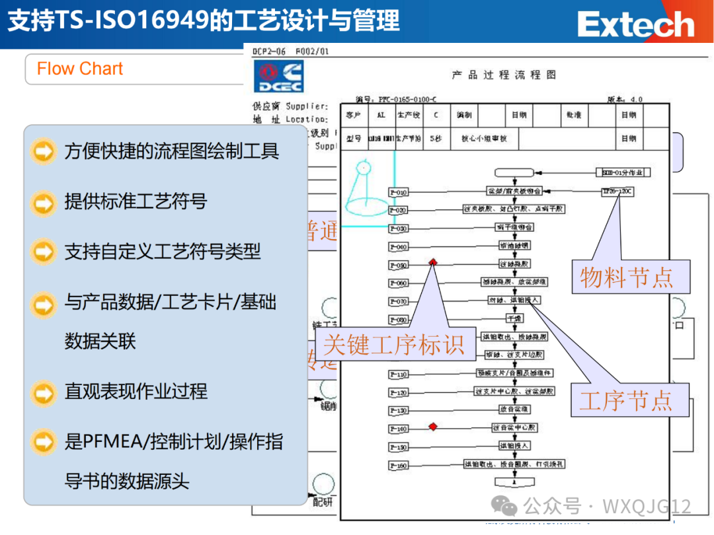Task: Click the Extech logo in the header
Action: pyautogui.click(x=635, y=25)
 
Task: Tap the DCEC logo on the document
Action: pyautogui.click(x=278, y=77)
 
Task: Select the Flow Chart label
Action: pyautogui.click(x=80, y=69)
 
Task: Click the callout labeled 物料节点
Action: pyautogui.click(x=625, y=276)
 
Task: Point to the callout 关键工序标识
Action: pyautogui.click(x=394, y=343)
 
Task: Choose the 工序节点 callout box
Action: pyautogui.click(x=625, y=400)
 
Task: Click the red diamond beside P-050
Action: pyautogui.click(x=433, y=262)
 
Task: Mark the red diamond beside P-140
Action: pyautogui.click(x=433, y=427)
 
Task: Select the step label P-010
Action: pyautogui.click(x=399, y=192)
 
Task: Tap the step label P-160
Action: pyautogui.click(x=399, y=466)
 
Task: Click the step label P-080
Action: pyautogui.click(x=399, y=320)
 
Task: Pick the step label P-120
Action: pyautogui.click(x=399, y=392)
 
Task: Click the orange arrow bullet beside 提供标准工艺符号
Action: pyautogui.click(x=44, y=201)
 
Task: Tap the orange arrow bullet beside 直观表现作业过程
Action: pyautogui.click(x=44, y=392)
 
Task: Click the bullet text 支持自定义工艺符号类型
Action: pyautogui.click(x=163, y=252)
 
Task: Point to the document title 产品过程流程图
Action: pyautogui.click(x=504, y=75)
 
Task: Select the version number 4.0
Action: pyautogui.click(x=635, y=99)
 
